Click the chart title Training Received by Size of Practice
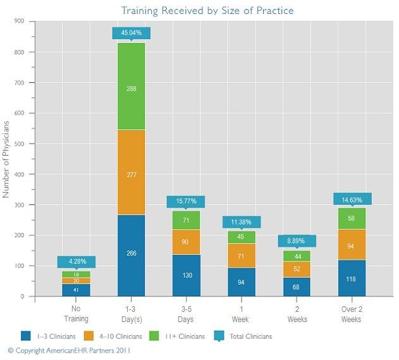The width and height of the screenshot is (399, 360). pyautogui.click(x=207, y=11)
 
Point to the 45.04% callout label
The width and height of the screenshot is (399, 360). pyautogui.click(x=131, y=33)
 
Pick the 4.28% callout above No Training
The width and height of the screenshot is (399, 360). pyautogui.click(x=76, y=261)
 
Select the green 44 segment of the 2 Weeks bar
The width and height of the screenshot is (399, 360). pyautogui.click(x=296, y=256)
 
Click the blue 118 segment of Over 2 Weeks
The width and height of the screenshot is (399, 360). pyautogui.click(x=351, y=278)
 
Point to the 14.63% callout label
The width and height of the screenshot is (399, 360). pyautogui.click(x=351, y=199)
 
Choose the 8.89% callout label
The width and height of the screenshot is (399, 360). pyautogui.click(x=296, y=241)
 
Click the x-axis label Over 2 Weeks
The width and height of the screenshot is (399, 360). pyautogui.click(x=351, y=314)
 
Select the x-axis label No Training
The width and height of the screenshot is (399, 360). pyautogui.click(x=76, y=314)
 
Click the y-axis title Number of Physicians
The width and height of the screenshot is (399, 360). pyautogui.click(x=7, y=158)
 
